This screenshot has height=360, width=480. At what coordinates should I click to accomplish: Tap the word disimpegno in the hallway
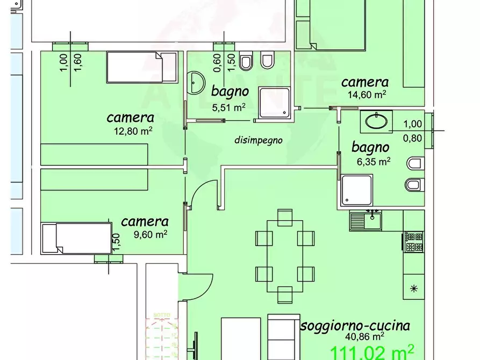coord(259,140)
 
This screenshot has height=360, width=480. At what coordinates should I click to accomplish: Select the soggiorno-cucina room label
coord(355,325)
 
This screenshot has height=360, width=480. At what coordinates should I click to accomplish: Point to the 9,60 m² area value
coord(145,234)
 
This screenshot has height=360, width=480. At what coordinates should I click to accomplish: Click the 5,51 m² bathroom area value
coord(229,107)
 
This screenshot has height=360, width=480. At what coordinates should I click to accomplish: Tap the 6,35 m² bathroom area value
coord(370,161)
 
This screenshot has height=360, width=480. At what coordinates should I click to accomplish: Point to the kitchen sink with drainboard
coord(366,220)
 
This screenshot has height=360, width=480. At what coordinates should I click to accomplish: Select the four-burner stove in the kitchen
coord(414,241)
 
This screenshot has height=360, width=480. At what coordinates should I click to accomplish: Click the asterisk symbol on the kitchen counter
coord(414,289)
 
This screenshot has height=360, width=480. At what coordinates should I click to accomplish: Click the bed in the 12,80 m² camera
coord(134,67)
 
